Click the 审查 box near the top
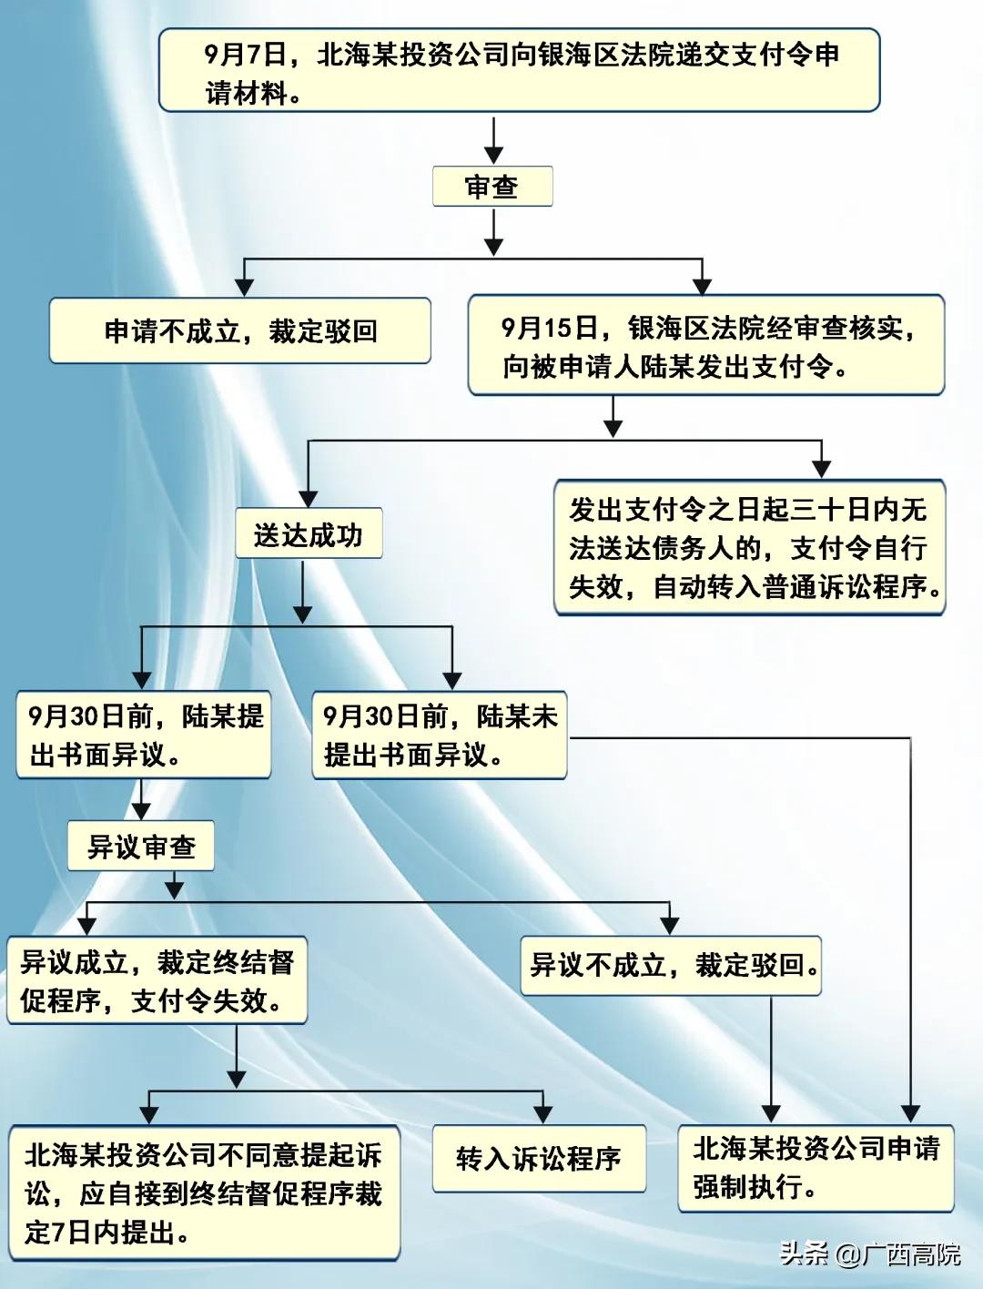(492, 188)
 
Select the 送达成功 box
(309, 534)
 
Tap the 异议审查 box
(141, 847)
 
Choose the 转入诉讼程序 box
(539, 1159)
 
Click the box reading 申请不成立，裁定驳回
(239, 331)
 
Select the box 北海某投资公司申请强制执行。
(816, 1168)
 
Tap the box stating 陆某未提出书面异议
(440, 736)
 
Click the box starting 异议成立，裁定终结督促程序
(157, 981)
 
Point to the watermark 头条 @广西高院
(870, 1254)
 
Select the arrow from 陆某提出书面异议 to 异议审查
(141, 800)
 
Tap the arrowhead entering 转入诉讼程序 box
(543, 1114)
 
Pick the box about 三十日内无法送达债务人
(749, 548)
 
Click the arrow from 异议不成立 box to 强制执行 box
(771, 1056)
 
